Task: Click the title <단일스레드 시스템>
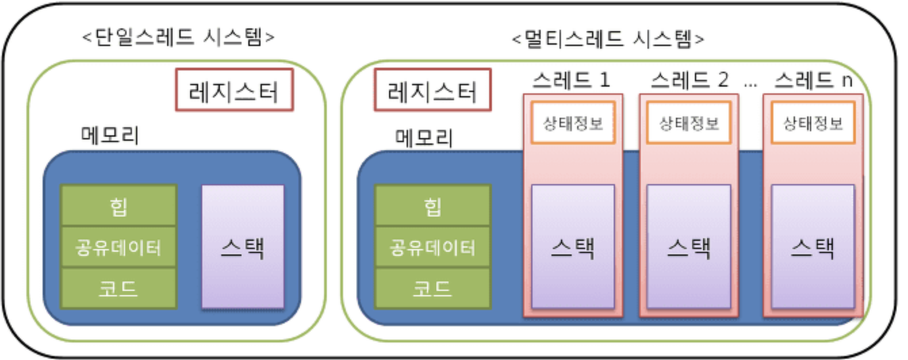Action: tap(178, 37)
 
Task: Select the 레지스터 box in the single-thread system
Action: tap(235, 89)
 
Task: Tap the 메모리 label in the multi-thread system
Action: tap(424, 137)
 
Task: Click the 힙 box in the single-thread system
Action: tap(118, 206)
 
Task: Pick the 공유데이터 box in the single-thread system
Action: tap(118, 247)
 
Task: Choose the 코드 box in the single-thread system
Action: tap(118, 288)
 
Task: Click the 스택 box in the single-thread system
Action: tap(242, 247)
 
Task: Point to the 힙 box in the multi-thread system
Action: tap(433, 206)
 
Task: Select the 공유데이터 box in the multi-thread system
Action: tap(433, 247)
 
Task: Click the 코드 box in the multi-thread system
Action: tap(433, 288)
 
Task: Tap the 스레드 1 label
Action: tap(572, 81)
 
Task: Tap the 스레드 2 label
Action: tap(689, 81)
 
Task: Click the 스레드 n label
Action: tap(813, 81)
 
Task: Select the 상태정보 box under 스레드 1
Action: tap(573, 123)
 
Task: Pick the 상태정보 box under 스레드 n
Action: tap(813, 123)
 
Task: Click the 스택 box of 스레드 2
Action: tap(689, 247)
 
